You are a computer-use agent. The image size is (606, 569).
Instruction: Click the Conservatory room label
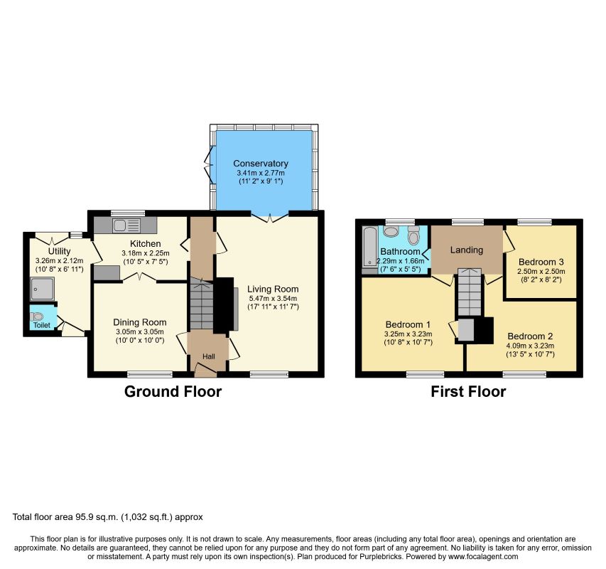(x=261, y=164)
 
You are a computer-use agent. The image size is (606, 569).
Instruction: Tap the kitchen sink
(x=126, y=225)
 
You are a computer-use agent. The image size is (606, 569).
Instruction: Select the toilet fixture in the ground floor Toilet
(x=36, y=317)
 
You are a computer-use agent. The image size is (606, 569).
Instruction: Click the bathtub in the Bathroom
(x=370, y=247)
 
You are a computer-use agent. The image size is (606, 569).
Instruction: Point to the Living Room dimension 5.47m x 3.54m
(x=273, y=298)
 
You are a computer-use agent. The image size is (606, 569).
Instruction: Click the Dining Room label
(x=140, y=322)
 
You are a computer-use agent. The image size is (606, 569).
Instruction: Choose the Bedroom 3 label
(x=541, y=262)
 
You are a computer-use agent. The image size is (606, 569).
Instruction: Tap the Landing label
(x=467, y=250)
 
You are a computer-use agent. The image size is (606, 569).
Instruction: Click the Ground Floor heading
(x=173, y=391)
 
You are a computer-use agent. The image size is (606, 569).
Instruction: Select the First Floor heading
(x=468, y=391)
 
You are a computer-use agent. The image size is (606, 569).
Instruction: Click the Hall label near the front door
(x=209, y=356)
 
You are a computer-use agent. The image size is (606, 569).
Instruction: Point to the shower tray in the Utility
(x=43, y=289)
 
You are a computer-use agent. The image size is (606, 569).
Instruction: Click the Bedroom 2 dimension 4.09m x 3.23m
(x=530, y=346)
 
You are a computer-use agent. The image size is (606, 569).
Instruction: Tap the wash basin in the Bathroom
(x=391, y=231)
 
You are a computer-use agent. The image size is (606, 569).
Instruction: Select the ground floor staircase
(x=201, y=304)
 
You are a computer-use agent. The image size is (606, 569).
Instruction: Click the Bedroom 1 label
(x=408, y=324)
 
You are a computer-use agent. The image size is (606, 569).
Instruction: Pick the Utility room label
(x=59, y=252)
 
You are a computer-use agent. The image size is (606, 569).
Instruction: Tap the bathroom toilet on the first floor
(x=413, y=235)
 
